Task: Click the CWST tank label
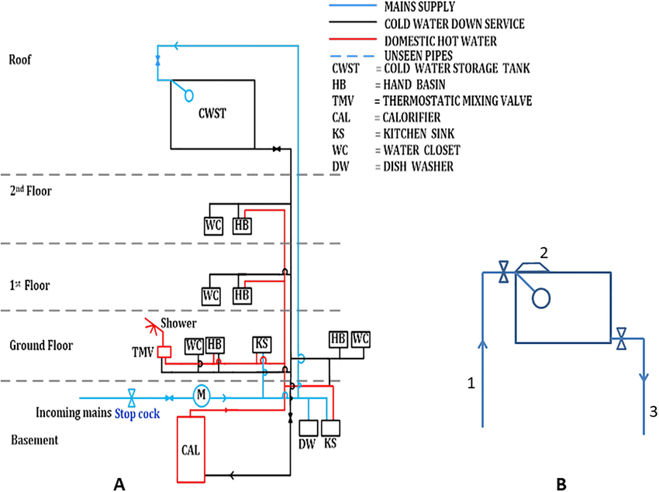pos(212,113)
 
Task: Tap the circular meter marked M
pos(202,395)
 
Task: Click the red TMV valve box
pos(164,352)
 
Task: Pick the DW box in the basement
pos(309,428)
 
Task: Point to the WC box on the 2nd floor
pos(213,225)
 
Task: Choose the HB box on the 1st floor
pos(242,295)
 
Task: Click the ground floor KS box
pos(262,345)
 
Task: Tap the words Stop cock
pos(137,415)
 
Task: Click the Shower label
pos(178,323)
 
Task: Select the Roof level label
pos(19,59)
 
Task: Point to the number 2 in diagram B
pos(543,253)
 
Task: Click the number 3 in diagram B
pos(653,411)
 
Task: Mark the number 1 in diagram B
pos(471,383)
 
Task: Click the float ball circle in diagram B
pos(541,298)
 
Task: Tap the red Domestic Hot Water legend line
pos(353,39)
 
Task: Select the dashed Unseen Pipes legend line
pos(352,56)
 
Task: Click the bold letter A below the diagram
pos(119,484)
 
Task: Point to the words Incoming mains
pos(74,413)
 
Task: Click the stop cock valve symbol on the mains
pos(132,397)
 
